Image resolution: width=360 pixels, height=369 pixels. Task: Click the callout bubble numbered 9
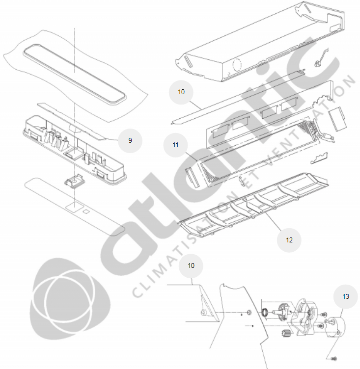(130, 140)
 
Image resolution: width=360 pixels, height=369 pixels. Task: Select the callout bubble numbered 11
(175, 145)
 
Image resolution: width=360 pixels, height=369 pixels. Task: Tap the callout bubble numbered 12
(289, 240)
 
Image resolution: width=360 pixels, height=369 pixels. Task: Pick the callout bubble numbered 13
(346, 296)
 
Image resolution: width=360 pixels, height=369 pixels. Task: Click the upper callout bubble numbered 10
(181, 92)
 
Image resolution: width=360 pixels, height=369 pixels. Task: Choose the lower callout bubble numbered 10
(191, 265)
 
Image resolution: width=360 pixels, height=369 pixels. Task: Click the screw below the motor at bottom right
(333, 358)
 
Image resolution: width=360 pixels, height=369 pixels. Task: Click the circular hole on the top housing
(237, 63)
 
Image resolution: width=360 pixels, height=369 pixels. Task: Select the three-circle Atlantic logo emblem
(70, 299)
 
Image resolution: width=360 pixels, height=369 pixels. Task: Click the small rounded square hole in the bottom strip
(86, 212)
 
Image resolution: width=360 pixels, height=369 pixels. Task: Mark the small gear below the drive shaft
(285, 333)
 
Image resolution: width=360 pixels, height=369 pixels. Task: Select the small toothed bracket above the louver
(320, 158)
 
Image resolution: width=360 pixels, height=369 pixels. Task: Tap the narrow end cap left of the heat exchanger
(192, 178)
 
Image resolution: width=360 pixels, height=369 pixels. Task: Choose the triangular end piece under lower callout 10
(209, 303)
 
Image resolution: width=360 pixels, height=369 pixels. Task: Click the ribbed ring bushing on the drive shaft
(265, 313)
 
